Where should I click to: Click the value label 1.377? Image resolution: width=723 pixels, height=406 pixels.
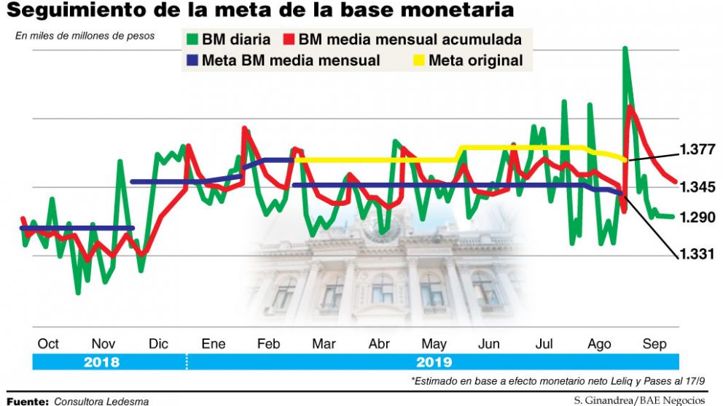[x=697, y=151]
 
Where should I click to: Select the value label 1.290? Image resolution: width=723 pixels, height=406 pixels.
[x=698, y=218]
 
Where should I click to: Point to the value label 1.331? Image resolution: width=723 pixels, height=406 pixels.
[x=697, y=253]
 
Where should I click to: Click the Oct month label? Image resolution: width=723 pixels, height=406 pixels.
[x=48, y=344]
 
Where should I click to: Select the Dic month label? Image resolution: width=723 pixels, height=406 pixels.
[x=158, y=344]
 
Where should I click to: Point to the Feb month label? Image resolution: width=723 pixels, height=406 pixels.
[x=269, y=344]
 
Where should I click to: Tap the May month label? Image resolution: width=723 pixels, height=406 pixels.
[x=434, y=344]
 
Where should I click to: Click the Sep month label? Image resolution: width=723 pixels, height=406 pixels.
[x=654, y=344]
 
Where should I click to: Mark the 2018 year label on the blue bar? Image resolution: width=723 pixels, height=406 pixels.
[x=103, y=362]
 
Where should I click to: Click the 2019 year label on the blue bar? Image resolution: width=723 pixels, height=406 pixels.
[x=435, y=362]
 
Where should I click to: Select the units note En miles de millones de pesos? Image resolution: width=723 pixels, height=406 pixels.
[x=85, y=36]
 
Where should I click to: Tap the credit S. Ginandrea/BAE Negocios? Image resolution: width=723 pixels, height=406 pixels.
[x=640, y=399]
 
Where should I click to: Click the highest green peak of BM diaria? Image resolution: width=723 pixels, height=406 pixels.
[x=625, y=49]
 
